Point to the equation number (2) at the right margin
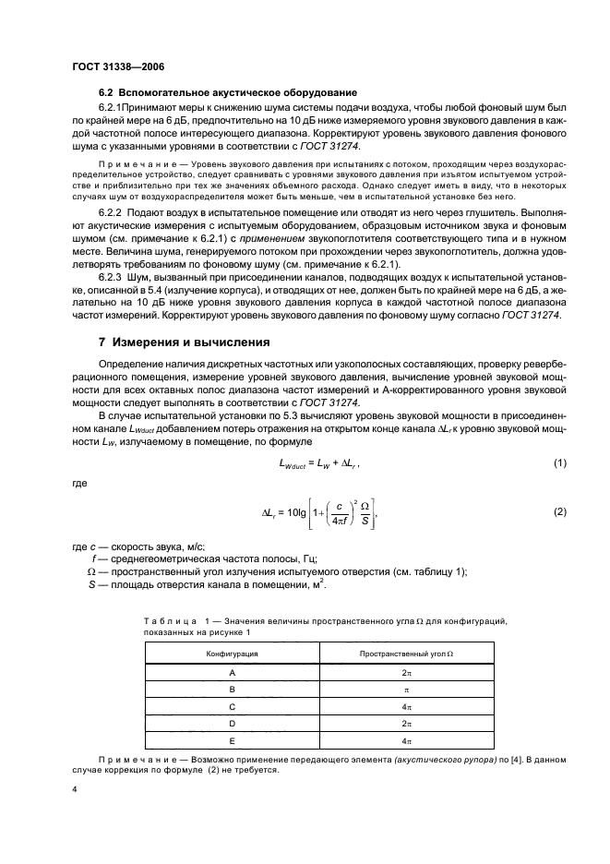558,510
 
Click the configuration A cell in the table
232,673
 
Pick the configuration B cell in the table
232,690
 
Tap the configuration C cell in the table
232,706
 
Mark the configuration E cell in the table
232,740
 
